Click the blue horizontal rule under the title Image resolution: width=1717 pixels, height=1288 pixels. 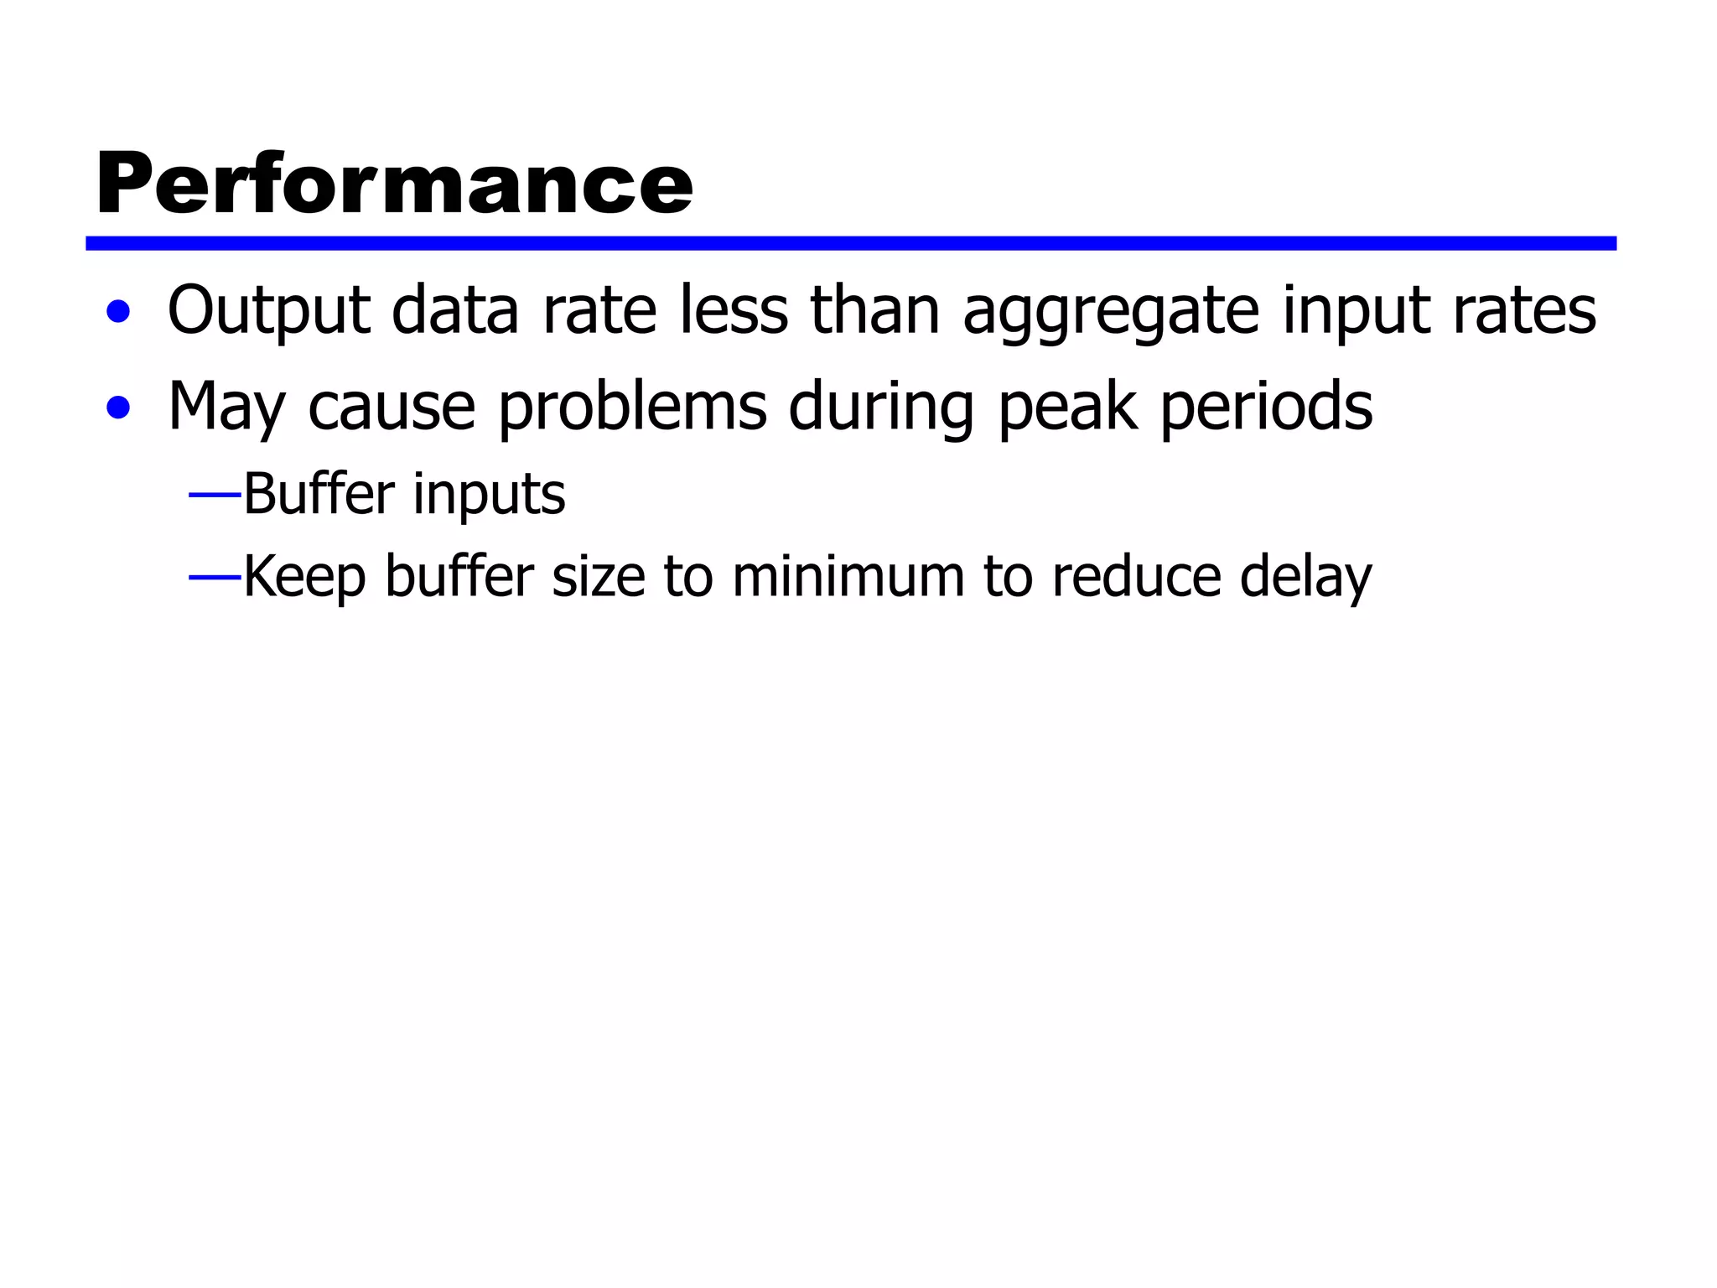click(x=850, y=243)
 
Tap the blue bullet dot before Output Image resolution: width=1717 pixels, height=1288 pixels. click(x=119, y=312)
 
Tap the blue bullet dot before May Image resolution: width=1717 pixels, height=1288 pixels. click(x=119, y=408)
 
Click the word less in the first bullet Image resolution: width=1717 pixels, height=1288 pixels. click(x=734, y=310)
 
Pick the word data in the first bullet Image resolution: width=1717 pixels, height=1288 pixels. click(x=455, y=310)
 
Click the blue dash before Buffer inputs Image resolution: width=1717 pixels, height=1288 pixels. click(x=215, y=496)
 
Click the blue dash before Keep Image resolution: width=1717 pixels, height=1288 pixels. click(x=215, y=578)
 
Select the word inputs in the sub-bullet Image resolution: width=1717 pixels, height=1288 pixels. click(x=489, y=496)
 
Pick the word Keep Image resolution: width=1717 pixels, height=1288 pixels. click(x=304, y=578)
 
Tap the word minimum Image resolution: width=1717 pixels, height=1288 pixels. click(x=848, y=576)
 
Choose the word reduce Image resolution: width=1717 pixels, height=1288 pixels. click(x=1136, y=576)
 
